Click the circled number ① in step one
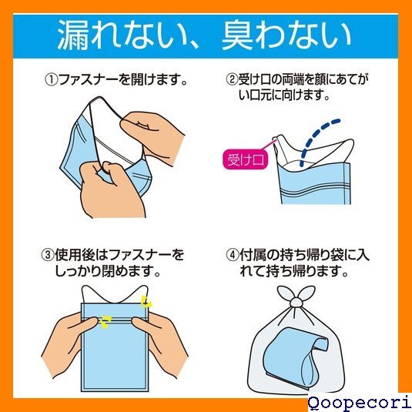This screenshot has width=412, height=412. [52, 79]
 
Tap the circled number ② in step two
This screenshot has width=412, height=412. [232, 79]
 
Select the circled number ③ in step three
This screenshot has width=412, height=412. [48, 255]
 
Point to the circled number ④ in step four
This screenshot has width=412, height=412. [233, 255]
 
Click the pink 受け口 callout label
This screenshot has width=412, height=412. [246, 159]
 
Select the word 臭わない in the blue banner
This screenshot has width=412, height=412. [287, 35]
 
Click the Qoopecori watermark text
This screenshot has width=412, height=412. [360, 404]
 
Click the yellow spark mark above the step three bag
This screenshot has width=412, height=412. [146, 302]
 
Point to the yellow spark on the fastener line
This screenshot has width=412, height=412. [106, 322]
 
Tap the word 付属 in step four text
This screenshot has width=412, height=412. [253, 255]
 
